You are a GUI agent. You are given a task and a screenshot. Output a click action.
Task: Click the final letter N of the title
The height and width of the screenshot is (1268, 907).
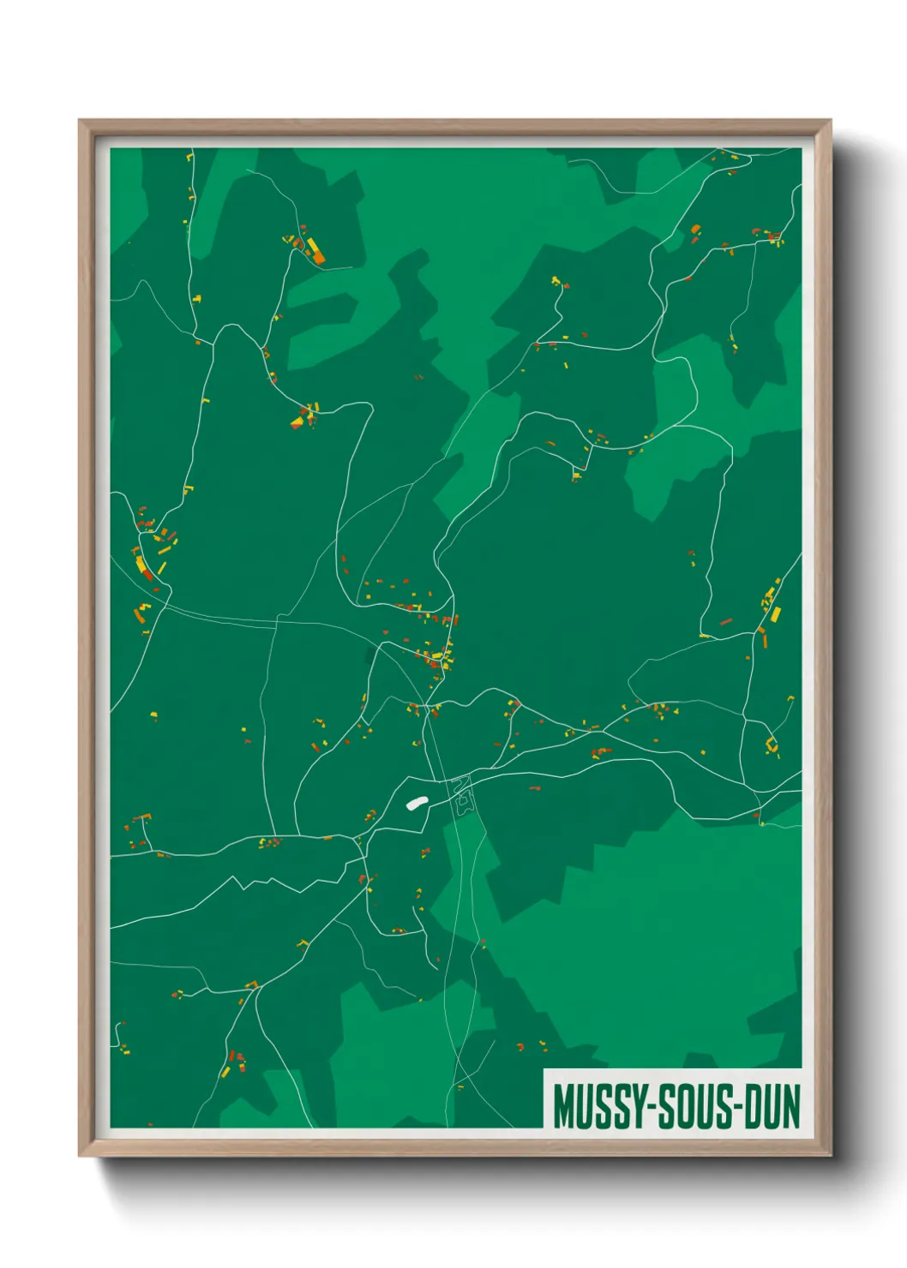point(790,1107)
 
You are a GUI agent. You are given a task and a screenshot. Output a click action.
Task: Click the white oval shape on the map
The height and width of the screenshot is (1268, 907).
point(417,803)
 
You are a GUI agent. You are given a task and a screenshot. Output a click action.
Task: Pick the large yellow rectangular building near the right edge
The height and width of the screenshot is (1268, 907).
point(776,614)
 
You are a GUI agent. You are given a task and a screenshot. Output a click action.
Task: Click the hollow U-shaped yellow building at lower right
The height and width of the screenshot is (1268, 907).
point(771,745)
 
